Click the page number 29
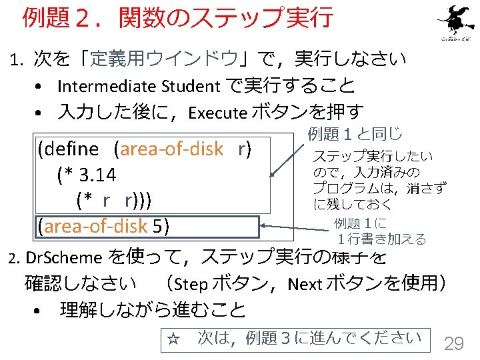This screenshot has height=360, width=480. pyautogui.click(x=454, y=343)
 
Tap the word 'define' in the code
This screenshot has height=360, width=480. pyautogui.click(x=71, y=149)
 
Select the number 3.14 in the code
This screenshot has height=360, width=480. pyautogui.click(x=97, y=175)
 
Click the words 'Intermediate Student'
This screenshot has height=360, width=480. pyautogui.click(x=139, y=86)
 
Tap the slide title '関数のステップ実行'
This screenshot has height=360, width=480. pyautogui.click(x=225, y=18)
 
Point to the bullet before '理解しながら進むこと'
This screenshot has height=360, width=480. pyautogui.click(x=41, y=311)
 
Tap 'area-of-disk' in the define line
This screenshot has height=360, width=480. pyautogui.click(x=171, y=149)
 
